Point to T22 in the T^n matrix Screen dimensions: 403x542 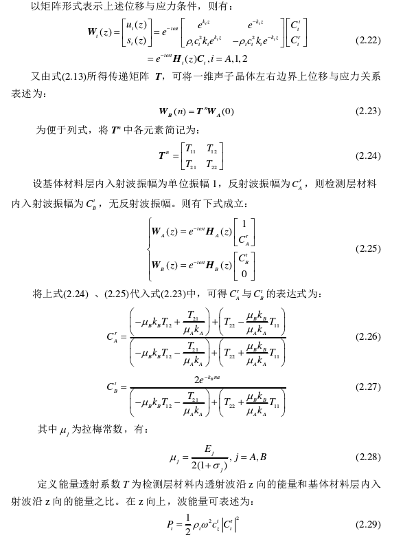[214, 164]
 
